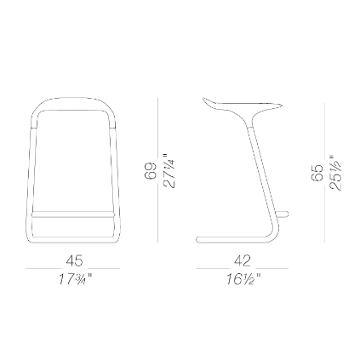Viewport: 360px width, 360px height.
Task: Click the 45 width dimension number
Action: click(74, 260)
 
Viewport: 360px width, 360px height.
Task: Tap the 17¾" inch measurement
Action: click(76, 279)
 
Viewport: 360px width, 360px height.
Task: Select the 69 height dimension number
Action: click(151, 171)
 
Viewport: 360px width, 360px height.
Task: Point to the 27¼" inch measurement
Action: click(169, 171)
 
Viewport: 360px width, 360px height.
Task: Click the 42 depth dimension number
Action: click(243, 260)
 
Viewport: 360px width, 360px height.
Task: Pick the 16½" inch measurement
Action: click(243, 279)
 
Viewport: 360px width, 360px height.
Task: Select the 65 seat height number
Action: click(317, 173)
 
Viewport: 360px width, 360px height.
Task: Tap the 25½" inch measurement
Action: click(335, 173)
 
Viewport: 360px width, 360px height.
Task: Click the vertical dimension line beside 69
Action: click(158, 170)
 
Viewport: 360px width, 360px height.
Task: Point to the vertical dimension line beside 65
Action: click(324, 173)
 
